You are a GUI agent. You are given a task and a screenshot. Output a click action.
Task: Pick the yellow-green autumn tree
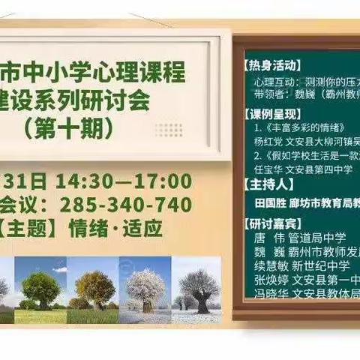(x=95, y=288)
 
